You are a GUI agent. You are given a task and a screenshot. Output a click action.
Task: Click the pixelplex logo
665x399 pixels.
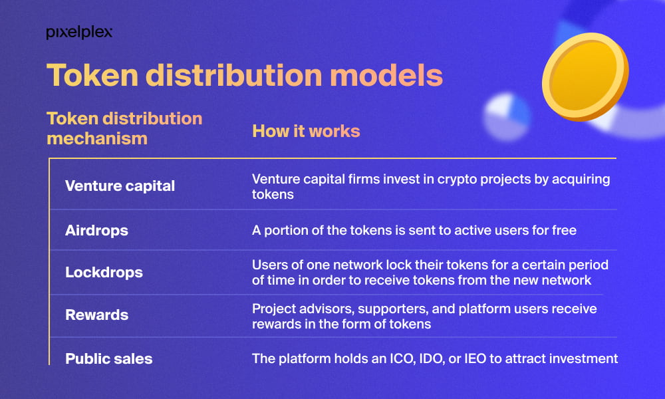pos(79,33)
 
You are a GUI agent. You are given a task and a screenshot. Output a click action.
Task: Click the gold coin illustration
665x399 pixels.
pos(585,76)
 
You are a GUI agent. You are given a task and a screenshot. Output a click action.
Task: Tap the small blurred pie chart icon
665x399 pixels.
pos(507,116)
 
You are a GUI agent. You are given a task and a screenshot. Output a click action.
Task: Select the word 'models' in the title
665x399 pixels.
pos(386,75)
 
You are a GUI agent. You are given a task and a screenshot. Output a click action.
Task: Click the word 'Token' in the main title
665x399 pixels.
pos(92,75)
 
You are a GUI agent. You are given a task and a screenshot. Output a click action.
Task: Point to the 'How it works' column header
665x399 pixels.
pos(306,131)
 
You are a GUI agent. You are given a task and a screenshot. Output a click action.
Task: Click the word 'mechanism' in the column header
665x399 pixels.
pos(97,138)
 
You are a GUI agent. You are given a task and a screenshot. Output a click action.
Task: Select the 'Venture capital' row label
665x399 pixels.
pos(120,186)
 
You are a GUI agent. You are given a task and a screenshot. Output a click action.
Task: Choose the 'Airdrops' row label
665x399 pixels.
pos(96,230)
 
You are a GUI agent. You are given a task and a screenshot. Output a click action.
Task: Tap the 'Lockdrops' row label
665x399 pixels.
pos(104,272)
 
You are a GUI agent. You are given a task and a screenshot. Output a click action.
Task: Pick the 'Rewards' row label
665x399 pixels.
pos(96,315)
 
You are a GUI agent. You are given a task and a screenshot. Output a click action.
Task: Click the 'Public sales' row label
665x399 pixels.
pos(109,358)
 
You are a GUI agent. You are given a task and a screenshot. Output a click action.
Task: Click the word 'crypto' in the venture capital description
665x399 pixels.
pos(456,180)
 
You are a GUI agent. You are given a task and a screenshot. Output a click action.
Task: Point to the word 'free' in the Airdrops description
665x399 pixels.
pos(564,230)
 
